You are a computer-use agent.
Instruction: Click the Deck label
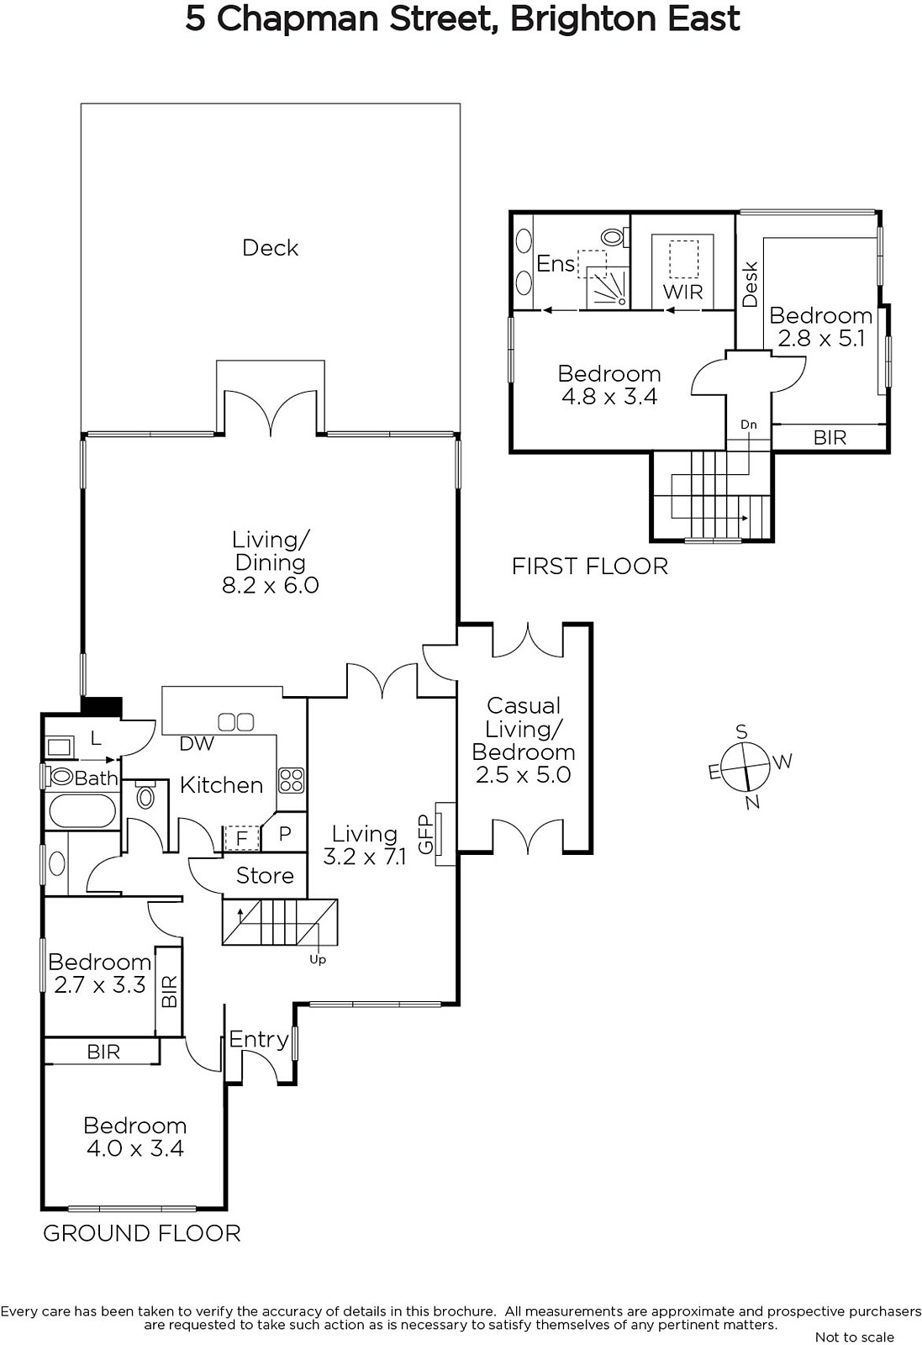point(270,248)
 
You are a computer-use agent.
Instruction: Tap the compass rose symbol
point(745,767)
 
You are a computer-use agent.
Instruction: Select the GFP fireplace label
point(425,835)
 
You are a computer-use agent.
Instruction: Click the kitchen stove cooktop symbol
point(291,781)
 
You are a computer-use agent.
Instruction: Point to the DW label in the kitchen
point(197,743)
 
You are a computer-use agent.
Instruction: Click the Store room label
point(265,875)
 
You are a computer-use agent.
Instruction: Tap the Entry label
point(259,1039)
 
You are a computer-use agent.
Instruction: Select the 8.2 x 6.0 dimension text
point(270,585)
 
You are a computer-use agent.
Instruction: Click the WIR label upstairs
point(683,292)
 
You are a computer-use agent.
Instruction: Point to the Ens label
point(556,264)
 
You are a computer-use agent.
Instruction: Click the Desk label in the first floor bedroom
point(751,284)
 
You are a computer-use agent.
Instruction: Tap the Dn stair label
point(749,425)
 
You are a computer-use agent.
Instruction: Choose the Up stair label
point(318,959)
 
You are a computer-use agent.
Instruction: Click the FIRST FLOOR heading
point(589,567)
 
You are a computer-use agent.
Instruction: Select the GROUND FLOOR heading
point(142,1233)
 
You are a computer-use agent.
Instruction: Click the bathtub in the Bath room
point(82,811)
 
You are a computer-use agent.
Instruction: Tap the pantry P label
point(285,833)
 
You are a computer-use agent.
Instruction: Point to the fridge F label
point(242,838)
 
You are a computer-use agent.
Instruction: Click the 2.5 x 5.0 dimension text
point(523,774)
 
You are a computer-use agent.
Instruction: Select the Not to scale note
point(854,1337)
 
